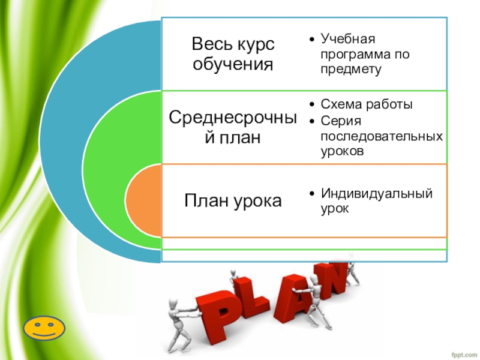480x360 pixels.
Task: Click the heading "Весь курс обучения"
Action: coord(232,53)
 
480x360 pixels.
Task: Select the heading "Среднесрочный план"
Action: coord(232,127)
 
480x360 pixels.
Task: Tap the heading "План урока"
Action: coord(232,200)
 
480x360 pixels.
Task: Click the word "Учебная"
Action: coord(347,40)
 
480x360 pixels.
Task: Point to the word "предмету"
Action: coord(351,69)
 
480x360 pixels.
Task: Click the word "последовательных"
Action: coord(382,137)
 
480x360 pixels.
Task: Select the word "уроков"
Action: coord(342,152)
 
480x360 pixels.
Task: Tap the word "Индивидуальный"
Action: coord(377,194)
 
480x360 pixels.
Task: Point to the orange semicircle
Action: coord(143,202)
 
